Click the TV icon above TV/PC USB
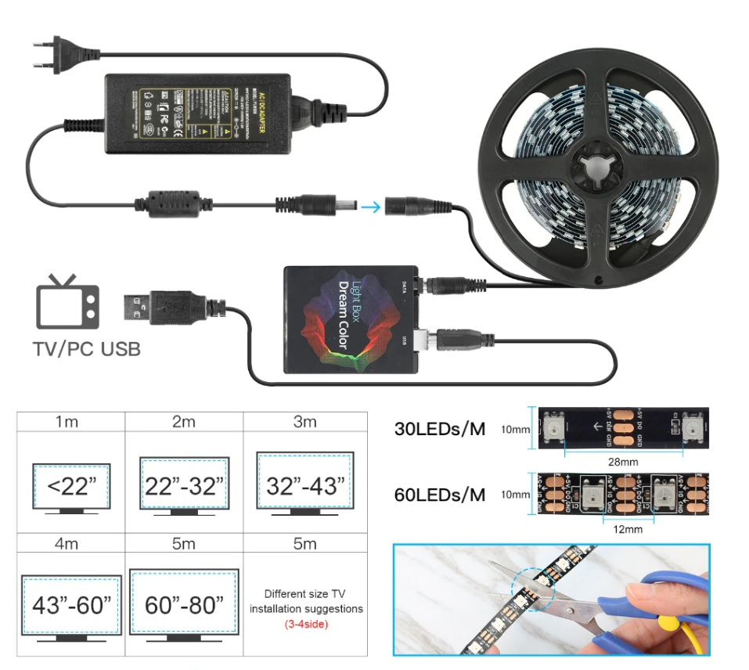point(68,301)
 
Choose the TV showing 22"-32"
point(183,485)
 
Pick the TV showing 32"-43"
point(304,484)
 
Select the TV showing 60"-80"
point(183,604)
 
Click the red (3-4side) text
point(306,624)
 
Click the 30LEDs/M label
point(440,428)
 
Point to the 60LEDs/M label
point(440,495)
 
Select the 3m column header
point(304,422)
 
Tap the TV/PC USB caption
point(87,349)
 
